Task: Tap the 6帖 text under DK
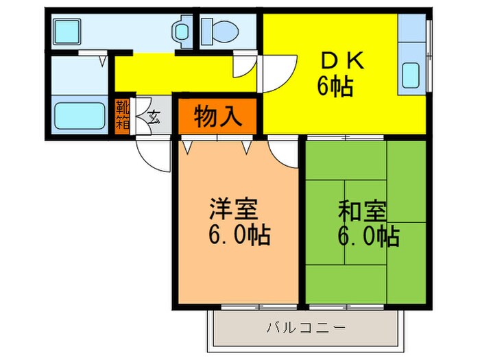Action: [335, 87]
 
